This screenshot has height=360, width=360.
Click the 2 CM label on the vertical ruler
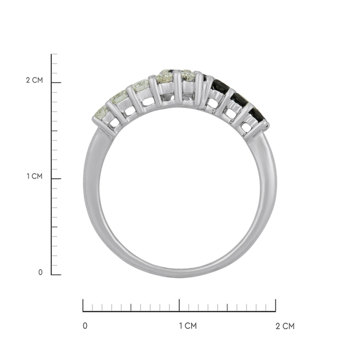point(34,80)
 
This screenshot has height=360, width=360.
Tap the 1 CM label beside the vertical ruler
point(34,176)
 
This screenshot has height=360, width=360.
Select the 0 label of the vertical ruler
point(40,272)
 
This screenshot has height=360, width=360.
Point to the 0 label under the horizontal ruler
point(85,326)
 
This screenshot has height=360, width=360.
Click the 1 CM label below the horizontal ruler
point(188,326)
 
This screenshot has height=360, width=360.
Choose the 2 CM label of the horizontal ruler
point(285,326)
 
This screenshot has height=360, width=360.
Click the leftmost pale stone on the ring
point(101,112)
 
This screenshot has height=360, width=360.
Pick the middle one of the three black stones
point(239,99)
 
